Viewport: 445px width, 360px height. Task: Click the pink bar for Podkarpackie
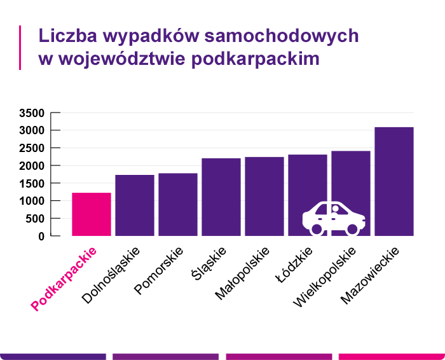[x=92, y=214]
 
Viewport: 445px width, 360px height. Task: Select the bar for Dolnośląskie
[x=135, y=205]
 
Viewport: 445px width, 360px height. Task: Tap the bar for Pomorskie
[x=178, y=205]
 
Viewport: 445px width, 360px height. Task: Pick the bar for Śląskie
[x=221, y=197]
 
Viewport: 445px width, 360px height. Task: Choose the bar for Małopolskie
[x=264, y=197]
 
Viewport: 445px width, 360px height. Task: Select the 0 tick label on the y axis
[x=41, y=237]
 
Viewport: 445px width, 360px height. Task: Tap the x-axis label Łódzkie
[x=294, y=267]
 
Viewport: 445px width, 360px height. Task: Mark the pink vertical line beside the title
[x=20, y=47]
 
